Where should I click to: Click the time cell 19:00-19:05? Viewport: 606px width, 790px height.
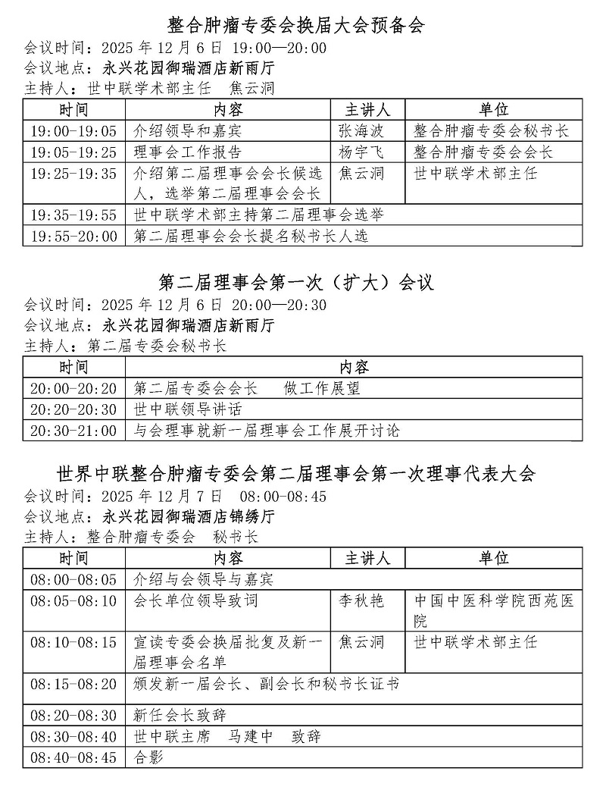coord(74,131)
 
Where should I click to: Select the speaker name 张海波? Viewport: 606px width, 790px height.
coord(361,131)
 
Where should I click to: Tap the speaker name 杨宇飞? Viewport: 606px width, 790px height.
coord(361,152)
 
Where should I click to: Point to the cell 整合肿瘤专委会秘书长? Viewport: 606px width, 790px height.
coord(492,131)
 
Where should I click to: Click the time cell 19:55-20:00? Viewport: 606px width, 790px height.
coord(74,237)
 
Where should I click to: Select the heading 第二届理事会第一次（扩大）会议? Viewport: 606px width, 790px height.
coord(297,283)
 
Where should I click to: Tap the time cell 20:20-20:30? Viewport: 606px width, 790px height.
coord(74,409)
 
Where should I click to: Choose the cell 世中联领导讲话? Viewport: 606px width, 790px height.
coord(188,409)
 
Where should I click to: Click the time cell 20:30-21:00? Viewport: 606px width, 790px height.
coord(74,431)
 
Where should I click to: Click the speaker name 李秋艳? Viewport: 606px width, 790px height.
coord(361,601)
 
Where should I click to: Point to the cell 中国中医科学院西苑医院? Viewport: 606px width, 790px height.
coord(494,611)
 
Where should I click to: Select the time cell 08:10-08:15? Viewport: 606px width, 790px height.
coord(74,642)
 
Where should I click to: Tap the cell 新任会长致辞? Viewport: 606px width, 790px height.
coord(180,715)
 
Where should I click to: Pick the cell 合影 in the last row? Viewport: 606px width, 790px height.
coord(148,757)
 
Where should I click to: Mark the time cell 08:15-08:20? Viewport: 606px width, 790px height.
coord(74,684)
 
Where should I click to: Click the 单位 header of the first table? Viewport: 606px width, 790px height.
coord(494,109)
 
